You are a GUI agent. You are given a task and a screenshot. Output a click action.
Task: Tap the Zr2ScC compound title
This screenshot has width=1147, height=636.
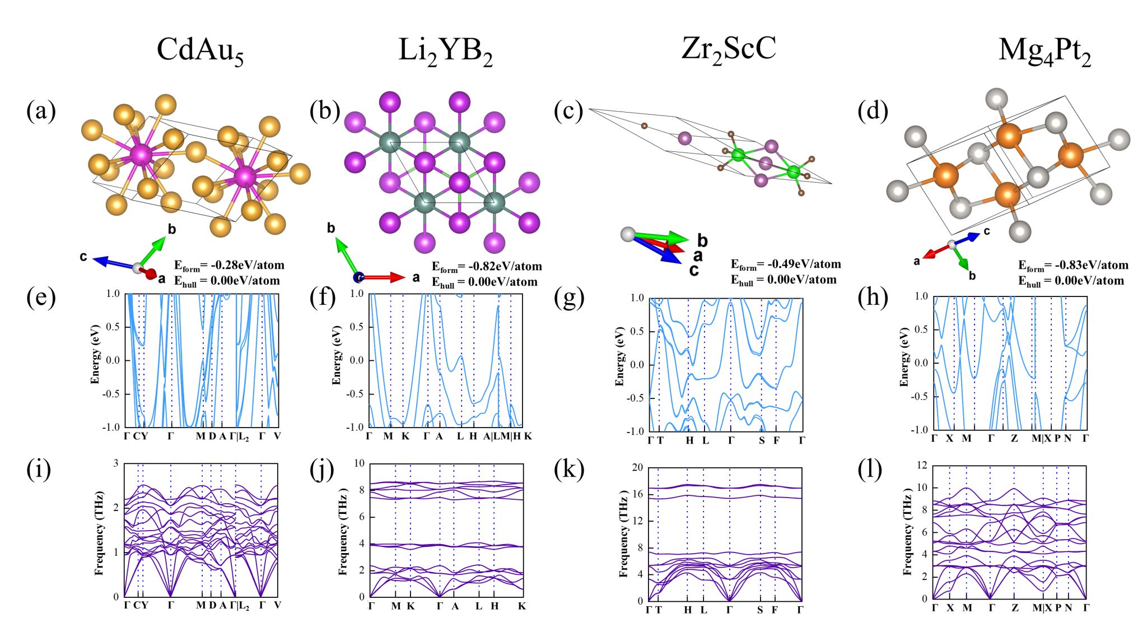(729, 49)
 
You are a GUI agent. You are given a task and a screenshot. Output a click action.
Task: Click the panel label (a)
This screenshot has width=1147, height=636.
(41, 110)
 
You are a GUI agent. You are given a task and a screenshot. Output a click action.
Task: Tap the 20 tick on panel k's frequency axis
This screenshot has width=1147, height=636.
(637, 468)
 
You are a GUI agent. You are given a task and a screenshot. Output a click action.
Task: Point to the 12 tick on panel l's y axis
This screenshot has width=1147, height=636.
(921, 466)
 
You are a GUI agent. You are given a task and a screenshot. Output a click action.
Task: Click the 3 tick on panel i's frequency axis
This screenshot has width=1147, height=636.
(116, 463)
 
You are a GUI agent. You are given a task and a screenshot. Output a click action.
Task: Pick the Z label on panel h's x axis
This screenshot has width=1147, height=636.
(1014, 438)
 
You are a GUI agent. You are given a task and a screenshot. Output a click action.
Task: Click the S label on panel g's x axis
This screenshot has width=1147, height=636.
(762, 440)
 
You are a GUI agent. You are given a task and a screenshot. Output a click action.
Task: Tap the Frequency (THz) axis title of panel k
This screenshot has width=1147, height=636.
(623, 533)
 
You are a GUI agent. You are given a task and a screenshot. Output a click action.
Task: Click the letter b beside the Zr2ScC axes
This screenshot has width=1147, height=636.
(702, 241)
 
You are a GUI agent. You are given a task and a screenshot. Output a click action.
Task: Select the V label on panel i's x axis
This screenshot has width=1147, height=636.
(277, 605)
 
